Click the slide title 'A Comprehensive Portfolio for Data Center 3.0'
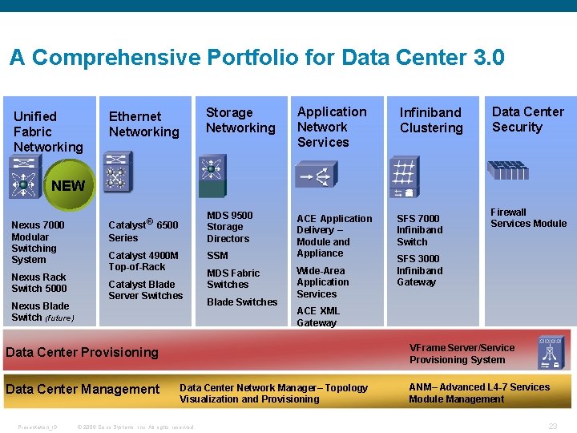click(256, 59)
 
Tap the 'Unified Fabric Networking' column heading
click(48, 132)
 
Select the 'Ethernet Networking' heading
click(144, 124)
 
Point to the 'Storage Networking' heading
click(240, 120)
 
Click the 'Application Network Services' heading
click(332, 127)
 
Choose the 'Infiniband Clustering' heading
click(431, 120)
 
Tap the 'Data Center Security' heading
click(527, 119)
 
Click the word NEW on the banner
click(68, 186)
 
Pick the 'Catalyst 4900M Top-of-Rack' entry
click(143, 261)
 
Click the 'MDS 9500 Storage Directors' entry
click(229, 227)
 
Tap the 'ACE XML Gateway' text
click(318, 317)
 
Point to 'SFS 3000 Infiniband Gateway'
click(419, 270)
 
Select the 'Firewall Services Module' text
click(528, 218)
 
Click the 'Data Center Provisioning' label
click(82, 352)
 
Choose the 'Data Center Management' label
click(83, 390)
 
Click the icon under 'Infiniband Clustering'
click(405, 176)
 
